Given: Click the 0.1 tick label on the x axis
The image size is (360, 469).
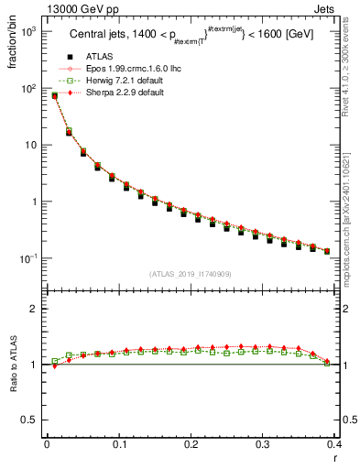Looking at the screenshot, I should [119, 444].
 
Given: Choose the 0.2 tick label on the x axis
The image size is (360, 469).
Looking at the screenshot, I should [191, 444].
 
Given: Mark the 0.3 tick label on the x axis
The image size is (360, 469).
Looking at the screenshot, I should [264, 444].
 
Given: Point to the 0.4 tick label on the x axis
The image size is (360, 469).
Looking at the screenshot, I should [335, 444].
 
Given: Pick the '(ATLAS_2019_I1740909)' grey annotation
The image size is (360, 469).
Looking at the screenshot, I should [191, 274].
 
